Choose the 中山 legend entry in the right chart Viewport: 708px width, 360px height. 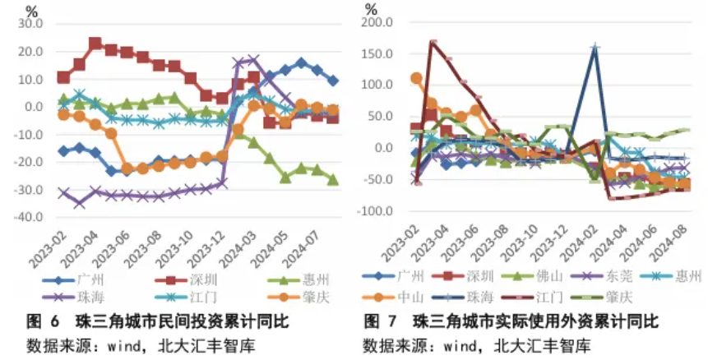410,294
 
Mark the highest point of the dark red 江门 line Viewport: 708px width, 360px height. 433,41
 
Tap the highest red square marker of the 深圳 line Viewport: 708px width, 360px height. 95,44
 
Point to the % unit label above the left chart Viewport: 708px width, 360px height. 32,12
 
